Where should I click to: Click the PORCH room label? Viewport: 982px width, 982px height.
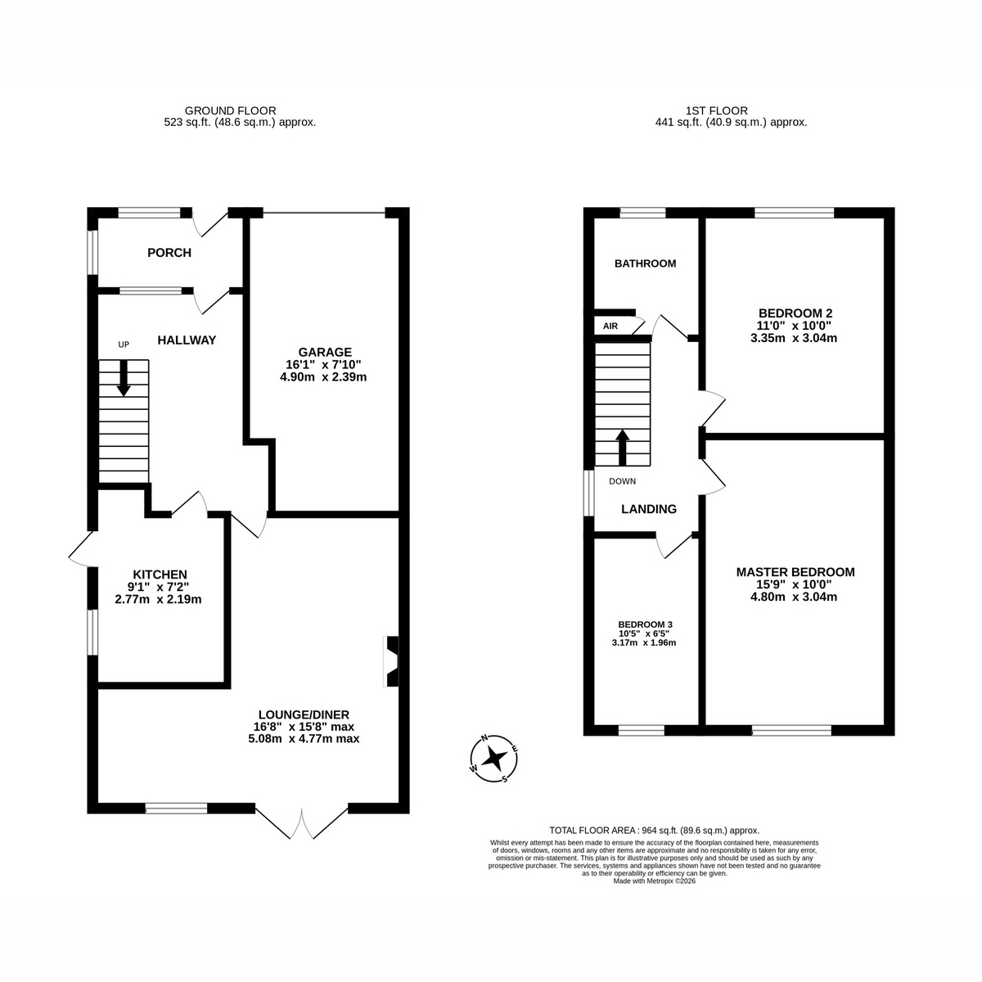coord(169,253)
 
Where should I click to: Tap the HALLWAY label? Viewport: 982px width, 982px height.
coord(187,340)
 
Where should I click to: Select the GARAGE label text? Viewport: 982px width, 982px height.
coord(325,352)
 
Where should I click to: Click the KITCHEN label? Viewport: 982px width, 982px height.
coord(160,574)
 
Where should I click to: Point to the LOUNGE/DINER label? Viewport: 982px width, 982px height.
coord(304,715)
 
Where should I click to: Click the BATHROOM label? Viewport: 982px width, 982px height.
coord(645,264)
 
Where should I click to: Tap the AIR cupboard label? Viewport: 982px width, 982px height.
coord(610,327)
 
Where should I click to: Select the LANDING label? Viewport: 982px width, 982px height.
coord(649,508)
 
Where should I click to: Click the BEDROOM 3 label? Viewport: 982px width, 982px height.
coord(645,624)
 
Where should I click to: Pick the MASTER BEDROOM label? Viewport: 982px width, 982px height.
coord(795,572)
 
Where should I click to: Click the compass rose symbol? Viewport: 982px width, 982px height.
coord(493,759)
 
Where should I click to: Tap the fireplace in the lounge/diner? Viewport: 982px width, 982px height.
coord(391,661)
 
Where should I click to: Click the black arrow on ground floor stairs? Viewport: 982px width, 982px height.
coord(124,377)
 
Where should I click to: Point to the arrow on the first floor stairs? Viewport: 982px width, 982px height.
coord(622,448)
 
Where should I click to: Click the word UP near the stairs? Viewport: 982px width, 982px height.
coord(124,345)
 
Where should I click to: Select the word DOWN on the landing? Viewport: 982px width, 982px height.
coord(622,481)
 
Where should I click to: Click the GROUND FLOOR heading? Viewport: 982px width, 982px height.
coord(230,110)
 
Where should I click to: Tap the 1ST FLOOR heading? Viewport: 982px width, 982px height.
coord(717,110)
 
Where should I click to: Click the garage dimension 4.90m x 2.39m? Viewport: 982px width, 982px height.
coord(323,377)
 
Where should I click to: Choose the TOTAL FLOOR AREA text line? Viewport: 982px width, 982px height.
coord(655,830)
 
